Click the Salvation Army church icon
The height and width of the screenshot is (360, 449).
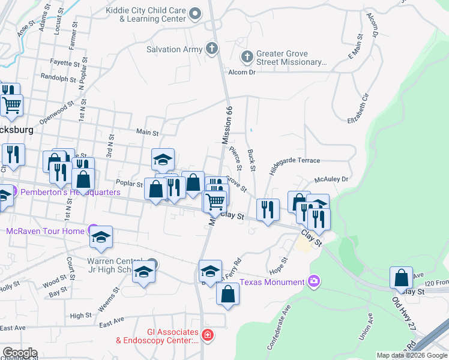click(x=211, y=48)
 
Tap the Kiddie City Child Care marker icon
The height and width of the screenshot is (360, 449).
click(x=194, y=13)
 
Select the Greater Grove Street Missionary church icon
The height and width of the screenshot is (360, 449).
click(x=247, y=57)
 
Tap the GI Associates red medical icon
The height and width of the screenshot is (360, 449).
click(x=208, y=335)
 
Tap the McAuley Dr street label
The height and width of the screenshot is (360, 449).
click(x=331, y=179)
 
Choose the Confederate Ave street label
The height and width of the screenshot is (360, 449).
click(x=279, y=327)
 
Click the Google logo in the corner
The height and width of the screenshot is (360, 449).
click(x=19, y=353)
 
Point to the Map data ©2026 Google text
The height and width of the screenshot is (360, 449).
click(x=412, y=355)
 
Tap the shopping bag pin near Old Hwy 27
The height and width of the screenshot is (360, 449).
click(x=401, y=278)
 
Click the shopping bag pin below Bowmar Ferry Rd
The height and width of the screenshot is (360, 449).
click(x=228, y=295)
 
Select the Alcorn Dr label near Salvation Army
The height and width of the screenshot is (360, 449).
click(x=242, y=72)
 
